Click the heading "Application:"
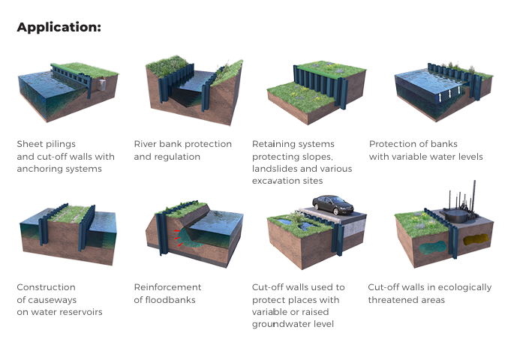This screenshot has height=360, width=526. tap(59, 28)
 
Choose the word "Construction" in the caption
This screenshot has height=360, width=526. tap(47, 287)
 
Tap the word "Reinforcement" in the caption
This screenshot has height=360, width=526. tap(167, 287)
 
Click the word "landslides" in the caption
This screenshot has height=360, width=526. tap(275, 169)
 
